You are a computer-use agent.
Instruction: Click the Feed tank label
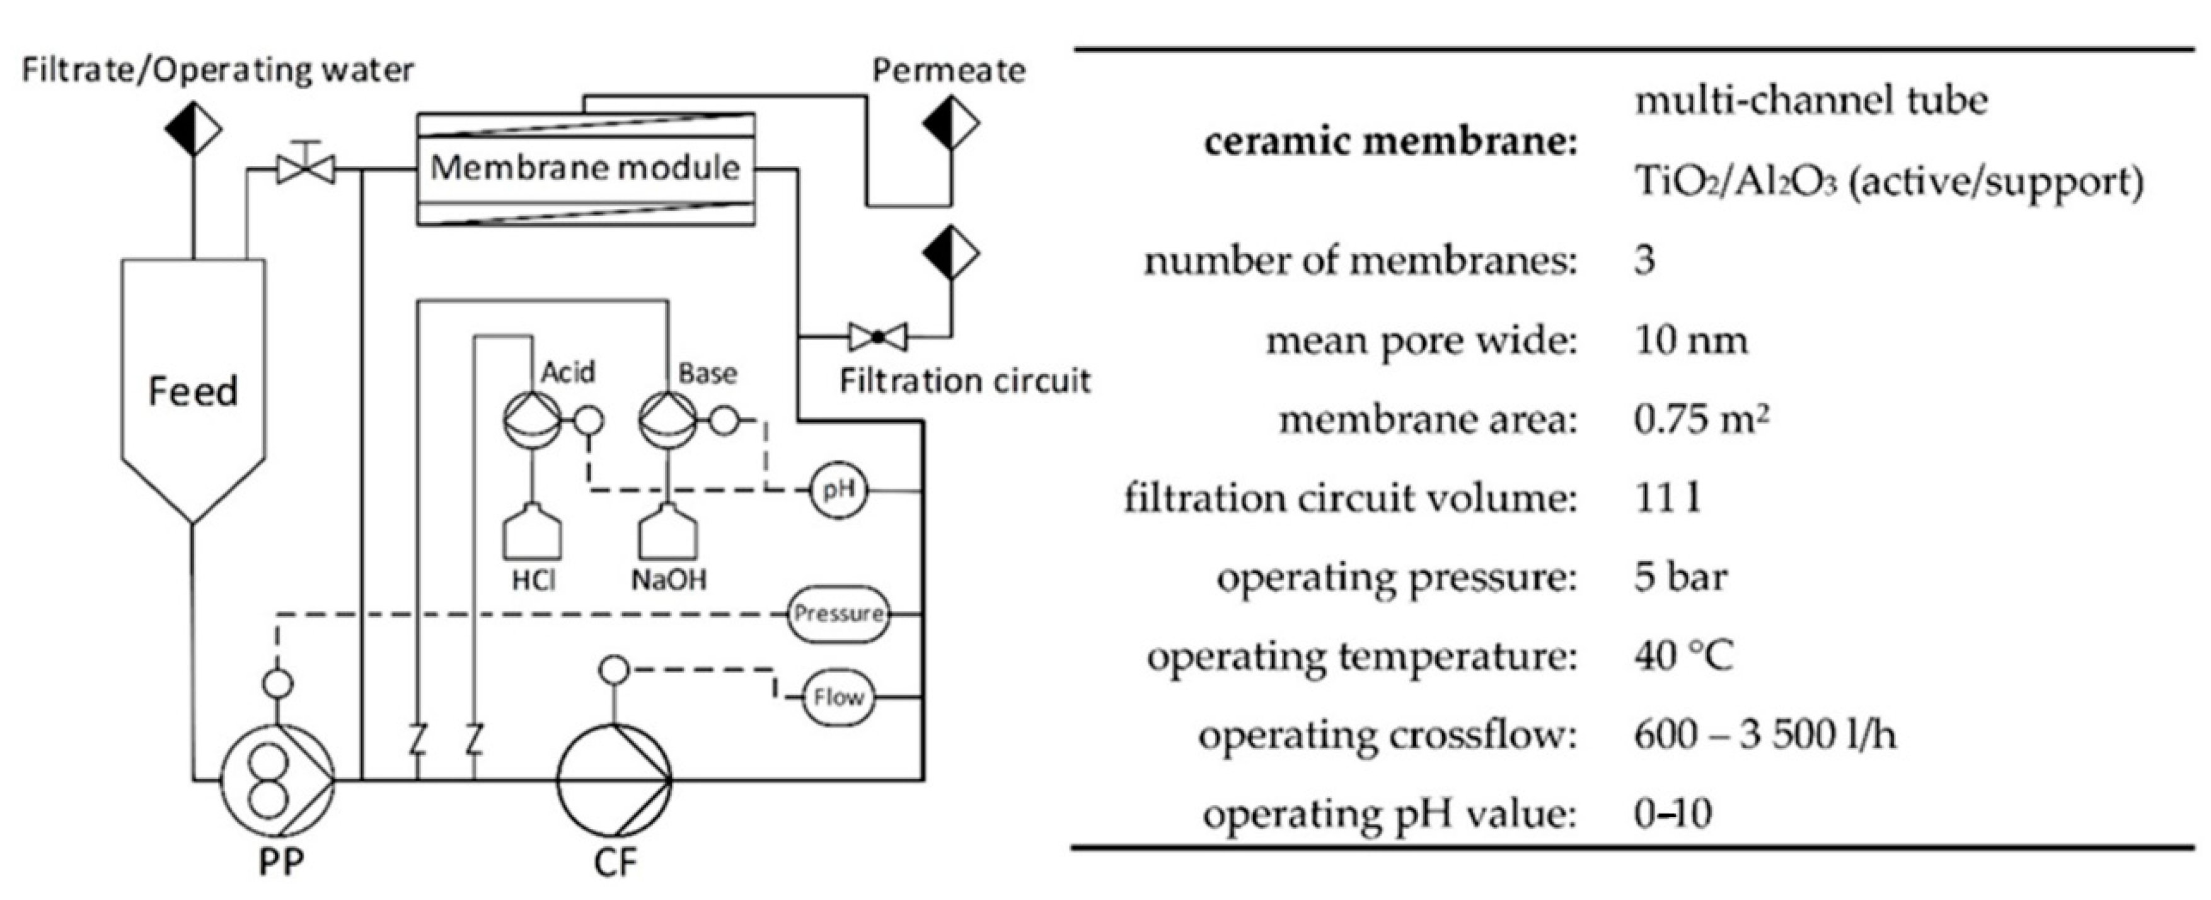pos(193,391)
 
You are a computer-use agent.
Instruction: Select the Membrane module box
pos(586,168)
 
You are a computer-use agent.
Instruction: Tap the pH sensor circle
pos(838,491)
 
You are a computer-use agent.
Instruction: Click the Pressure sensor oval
pos(838,613)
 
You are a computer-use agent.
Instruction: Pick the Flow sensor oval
pos(838,697)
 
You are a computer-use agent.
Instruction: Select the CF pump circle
pos(614,780)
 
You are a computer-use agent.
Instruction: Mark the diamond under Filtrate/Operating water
pos(193,128)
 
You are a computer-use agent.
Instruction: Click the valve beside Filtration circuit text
pos(877,336)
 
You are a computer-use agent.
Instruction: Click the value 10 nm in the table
pos(1690,341)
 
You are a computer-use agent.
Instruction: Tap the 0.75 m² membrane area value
pos(1700,419)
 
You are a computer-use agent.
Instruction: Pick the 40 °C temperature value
pos(1683,656)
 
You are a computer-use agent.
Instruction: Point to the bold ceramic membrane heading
pos(1390,142)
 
